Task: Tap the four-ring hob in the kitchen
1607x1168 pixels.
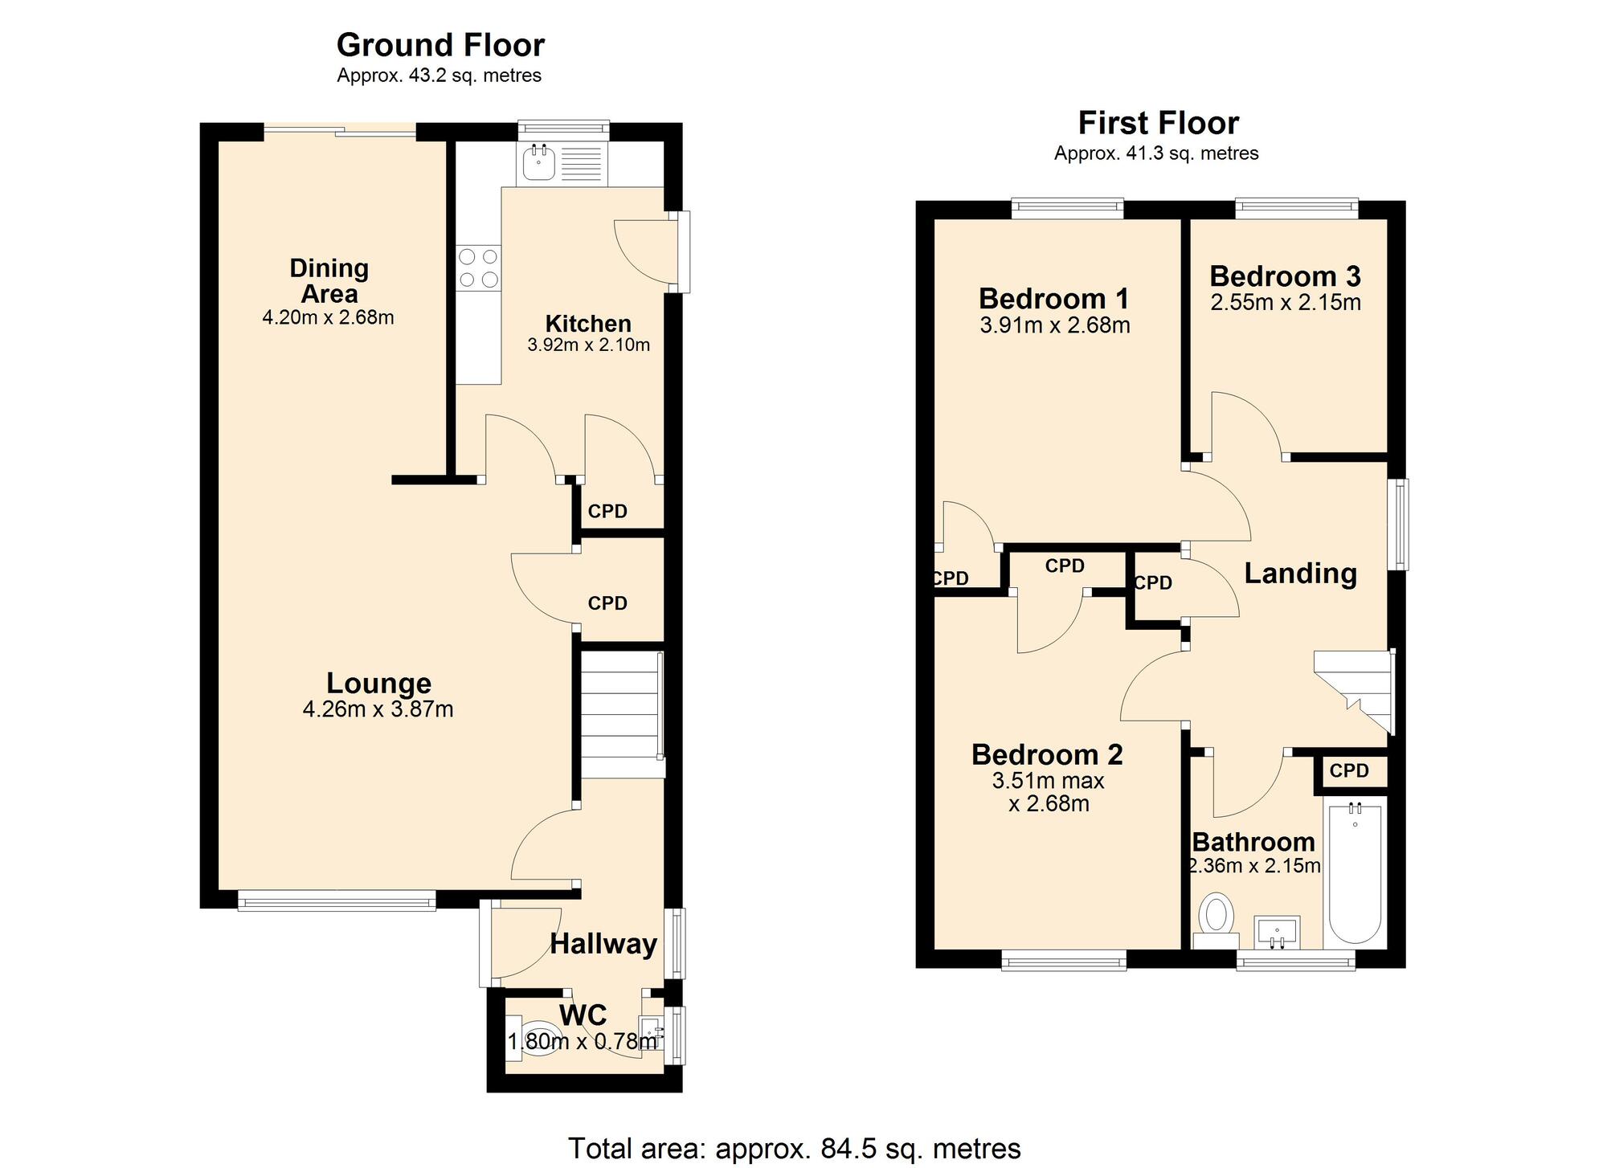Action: (x=478, y=268)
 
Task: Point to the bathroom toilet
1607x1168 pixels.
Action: (x=1216, y=921)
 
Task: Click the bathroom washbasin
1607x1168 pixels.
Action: (x=1276, y=932)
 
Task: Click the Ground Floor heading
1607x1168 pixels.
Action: (x=440, y=45)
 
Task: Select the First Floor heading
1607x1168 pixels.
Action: (x=1158, y=123)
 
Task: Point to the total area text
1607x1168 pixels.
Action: (x=794, y=1149)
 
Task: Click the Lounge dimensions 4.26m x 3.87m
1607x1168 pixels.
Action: (x=378, y=709)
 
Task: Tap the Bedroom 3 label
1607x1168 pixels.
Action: (x=1285, y=276)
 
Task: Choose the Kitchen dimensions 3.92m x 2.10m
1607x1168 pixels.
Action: (x=588, y=345)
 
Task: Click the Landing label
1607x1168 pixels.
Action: (x=1300, y=574)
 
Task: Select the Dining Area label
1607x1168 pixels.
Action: (x=329, y=280)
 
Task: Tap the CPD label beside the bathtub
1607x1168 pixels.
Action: (x=1349, y=771)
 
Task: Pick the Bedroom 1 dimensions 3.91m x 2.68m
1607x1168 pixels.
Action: (x=1055, y=325)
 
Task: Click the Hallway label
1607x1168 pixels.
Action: (x=603, y=944)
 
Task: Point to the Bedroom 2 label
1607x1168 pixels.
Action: (x=1047, y=754)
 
